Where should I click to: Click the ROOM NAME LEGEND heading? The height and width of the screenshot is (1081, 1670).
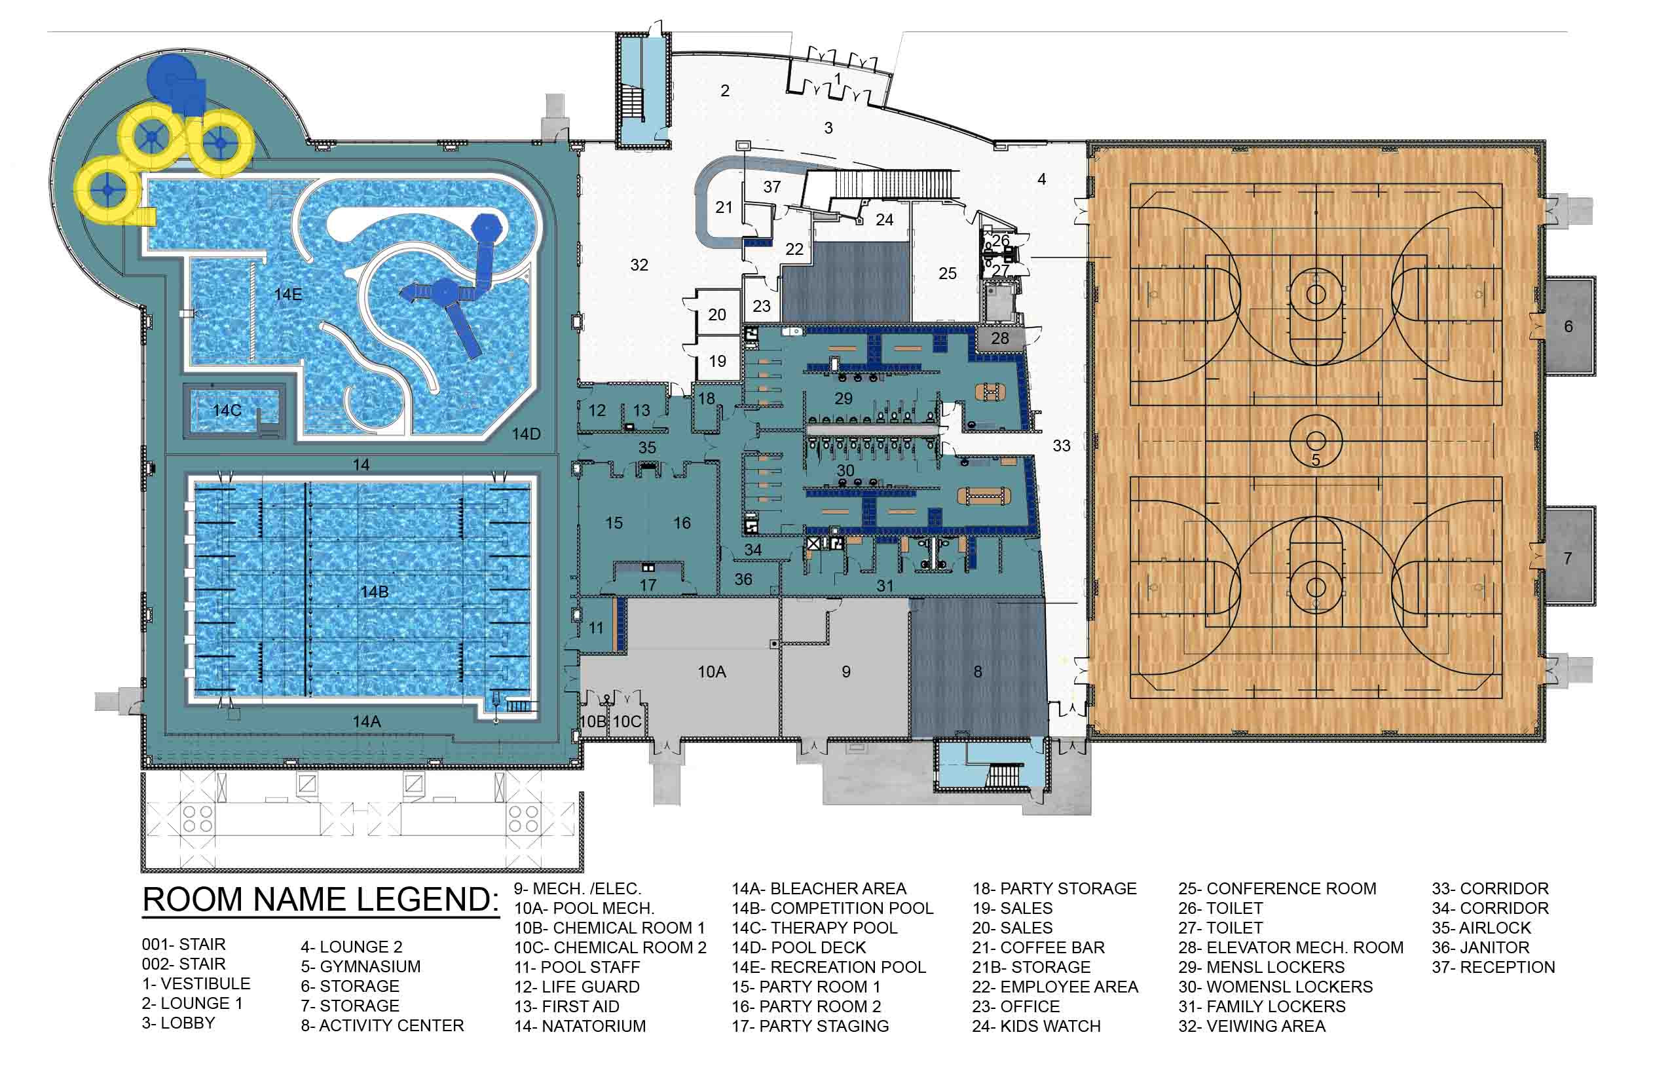click(x=321, y=900)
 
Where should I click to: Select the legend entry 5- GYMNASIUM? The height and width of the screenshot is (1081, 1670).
click(x=361, y=966)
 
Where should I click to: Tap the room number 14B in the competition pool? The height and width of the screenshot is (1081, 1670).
click(x=374, y=592)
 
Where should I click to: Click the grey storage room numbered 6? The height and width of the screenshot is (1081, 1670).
click(x=1569, y=326)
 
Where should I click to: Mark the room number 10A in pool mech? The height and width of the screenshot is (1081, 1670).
click(x=711, y=672)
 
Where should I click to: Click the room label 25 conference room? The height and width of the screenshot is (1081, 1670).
click(x=947, y=274)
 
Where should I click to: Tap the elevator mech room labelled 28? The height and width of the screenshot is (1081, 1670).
click(x=1000, y=338)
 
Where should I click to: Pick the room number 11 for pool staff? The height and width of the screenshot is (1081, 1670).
click(x=596, y=628)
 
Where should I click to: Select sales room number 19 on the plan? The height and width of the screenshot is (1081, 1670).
click(x=717, y=362)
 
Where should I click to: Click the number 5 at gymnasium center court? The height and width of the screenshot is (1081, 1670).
click(x=1316, y=461)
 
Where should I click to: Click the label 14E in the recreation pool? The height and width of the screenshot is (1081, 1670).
click(x=288, y=295)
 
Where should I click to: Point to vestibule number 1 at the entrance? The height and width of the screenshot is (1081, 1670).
click(x=837, y=79)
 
